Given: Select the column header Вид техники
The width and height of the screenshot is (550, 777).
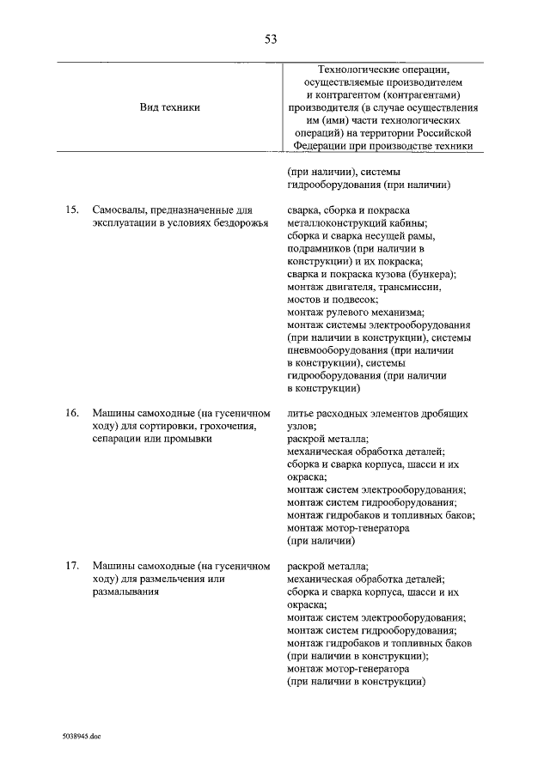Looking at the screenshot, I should click(x=169, y=108).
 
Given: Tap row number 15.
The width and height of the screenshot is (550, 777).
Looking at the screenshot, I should click(x=73, y=210).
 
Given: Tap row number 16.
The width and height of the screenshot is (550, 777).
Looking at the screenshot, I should click(x=73, y=414).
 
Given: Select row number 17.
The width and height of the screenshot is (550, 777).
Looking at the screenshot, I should click(x=73, y=567).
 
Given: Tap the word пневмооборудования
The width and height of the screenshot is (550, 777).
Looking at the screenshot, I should click(x=336, y=350).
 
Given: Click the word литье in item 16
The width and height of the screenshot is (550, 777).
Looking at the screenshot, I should click(x=300, y=414).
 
